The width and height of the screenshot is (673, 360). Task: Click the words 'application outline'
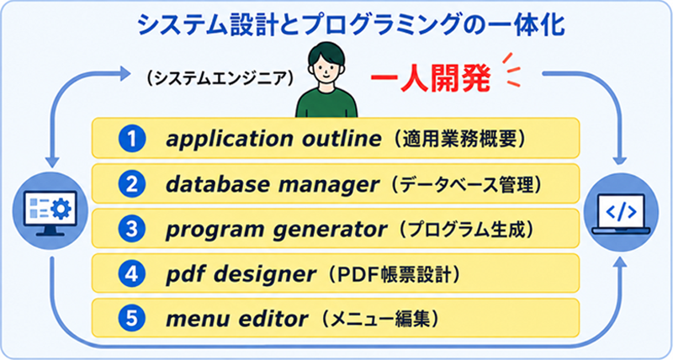[x=273, y=139]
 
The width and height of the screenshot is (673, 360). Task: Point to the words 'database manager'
[x=273, y=184]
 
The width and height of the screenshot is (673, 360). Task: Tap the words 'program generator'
[x=276, y=230]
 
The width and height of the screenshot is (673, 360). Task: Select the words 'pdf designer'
[x=241, y=274]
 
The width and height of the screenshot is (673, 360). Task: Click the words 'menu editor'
[x=237, y=319]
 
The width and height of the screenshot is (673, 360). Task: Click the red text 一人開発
[x=430, y=78]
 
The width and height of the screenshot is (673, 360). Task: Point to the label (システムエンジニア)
[x=220, y=78]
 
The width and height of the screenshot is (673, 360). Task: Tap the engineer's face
[x=326, y=70]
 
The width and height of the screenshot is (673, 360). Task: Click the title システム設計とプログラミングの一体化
[x=350, y=26]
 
